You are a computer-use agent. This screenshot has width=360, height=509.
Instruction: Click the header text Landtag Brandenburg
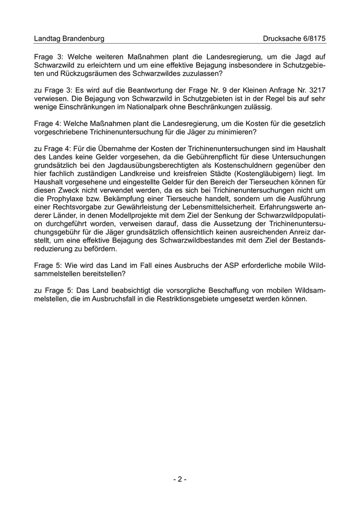click(69, 39)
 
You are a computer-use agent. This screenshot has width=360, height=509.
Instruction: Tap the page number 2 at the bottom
click(179, 479)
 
